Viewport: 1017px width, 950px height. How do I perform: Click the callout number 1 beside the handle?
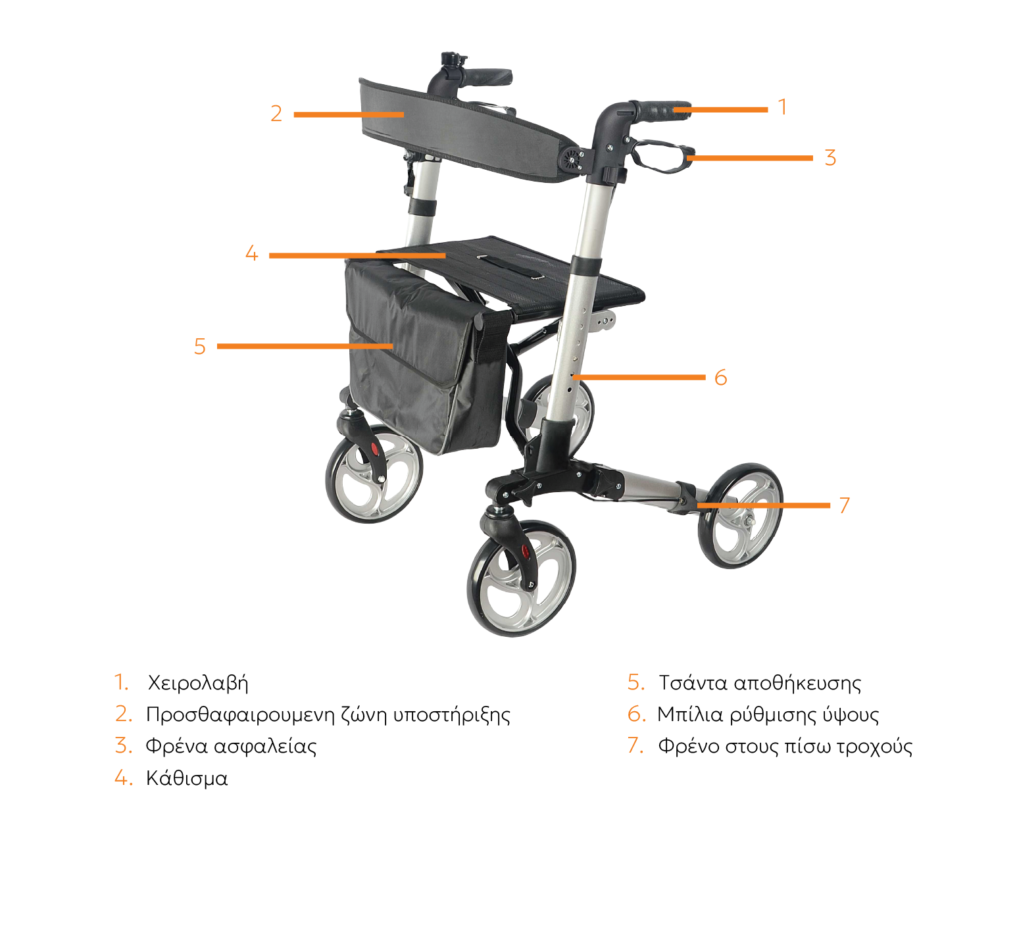tap(782, 107)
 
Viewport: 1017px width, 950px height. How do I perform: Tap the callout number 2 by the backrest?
tap(276, 114)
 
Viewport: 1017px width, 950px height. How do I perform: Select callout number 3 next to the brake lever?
tap(830, 158)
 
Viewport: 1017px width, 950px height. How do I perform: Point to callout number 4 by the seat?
tap(251, 253)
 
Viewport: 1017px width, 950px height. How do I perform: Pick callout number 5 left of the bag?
tap(200, 347)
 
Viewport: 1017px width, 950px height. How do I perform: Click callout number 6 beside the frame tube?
tap(721, 378)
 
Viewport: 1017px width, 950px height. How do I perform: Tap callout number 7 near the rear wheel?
tap(845, 505)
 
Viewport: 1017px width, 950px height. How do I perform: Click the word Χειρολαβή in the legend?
tap(198, 683)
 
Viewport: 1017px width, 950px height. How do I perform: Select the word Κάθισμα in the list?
tap(187, 778)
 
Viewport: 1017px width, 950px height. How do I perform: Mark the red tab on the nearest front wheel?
tap(525, 551)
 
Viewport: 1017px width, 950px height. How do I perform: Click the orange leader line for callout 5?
tap(305, 346)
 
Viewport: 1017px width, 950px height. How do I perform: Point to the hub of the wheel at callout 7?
tap(748, 519)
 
